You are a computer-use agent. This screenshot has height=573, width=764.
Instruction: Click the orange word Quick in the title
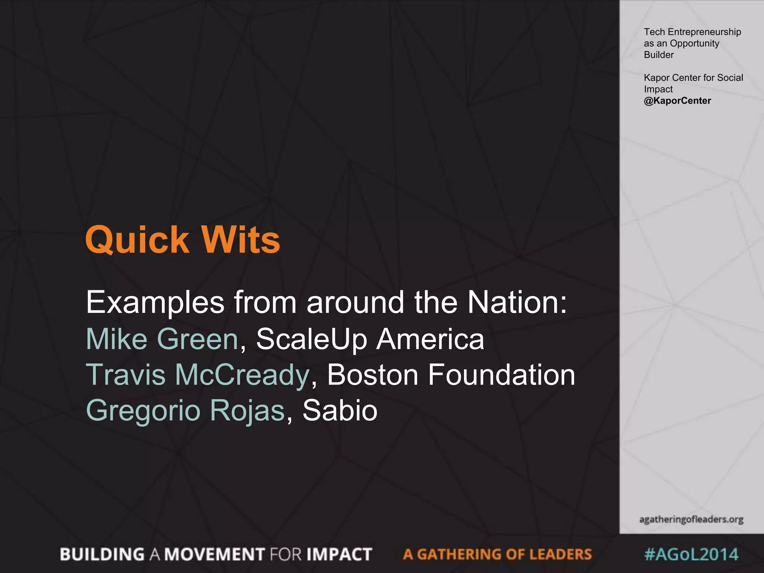coord(137,240)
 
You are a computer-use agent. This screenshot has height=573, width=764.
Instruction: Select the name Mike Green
coord(162,339)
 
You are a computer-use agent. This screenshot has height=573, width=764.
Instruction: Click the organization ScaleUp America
coord(370,339)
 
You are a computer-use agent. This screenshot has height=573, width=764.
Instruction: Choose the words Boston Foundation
coord(451,375)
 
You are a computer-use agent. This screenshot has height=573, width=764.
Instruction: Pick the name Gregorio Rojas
coord(185,410)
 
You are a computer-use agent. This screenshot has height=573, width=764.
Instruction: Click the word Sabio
coord(340,410)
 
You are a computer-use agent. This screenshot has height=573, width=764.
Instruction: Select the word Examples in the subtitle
coord(155,303)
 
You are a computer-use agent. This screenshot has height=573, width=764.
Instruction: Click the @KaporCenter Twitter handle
coord(677,101)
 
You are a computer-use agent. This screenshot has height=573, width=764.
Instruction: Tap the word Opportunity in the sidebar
coord(694,44)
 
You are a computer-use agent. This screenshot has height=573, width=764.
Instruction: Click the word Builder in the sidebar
coord(658,55)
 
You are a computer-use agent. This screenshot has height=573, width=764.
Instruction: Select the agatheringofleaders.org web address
coord(691,519)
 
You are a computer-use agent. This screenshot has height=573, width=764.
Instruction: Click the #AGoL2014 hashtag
coord(691,554)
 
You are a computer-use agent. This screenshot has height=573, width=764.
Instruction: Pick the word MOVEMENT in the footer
coord(215,554)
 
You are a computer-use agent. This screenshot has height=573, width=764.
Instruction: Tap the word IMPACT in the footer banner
coord(339,554)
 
